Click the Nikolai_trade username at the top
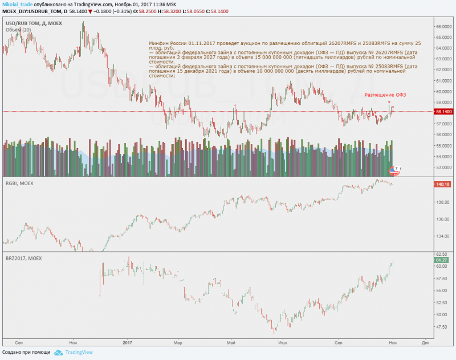(17, 4)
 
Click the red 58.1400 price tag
(443, 112)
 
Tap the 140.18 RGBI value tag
(443, 185)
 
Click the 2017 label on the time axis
(127, 342)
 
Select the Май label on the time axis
(231, 342)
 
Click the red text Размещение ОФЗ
(385, 95)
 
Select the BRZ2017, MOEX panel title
(25, 259)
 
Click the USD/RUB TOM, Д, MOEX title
(34, 23)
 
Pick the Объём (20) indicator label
(18, 30)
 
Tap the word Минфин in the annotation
(158, 43)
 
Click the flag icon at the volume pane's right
(393, 169)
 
